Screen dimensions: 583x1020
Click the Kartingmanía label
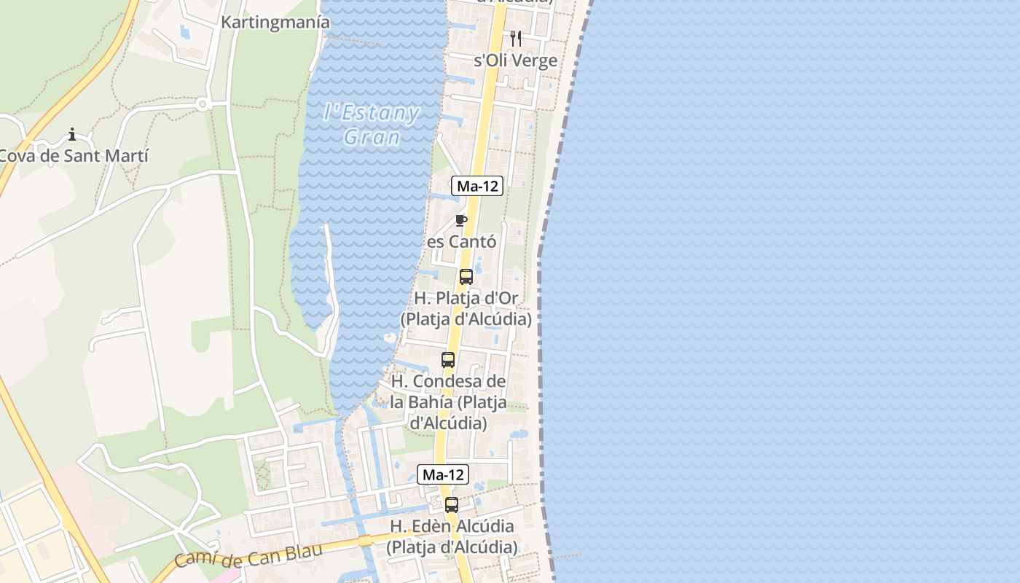click(x=275, y=23)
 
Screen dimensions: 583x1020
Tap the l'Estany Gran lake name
click(x=372, y=125)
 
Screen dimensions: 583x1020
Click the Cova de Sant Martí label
click(x=73, y=155)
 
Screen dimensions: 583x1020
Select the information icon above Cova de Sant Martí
click(x=72, y=134)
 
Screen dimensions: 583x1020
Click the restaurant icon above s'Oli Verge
click(x=515, y=38)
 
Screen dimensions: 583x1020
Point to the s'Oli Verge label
click(x=515, y=60)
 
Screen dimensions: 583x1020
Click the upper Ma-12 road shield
click(x=477, y=186)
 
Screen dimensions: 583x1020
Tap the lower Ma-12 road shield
click(x=443, y=474)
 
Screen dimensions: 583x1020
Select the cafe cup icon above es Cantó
click(x=460, y=220)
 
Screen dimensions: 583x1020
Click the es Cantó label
click(x=461, y=241)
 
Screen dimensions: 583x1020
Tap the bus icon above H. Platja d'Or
click(x=466, y=277)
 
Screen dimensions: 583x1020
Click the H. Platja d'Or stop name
click(x=466, y=308)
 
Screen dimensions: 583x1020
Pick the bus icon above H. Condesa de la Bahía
click(x=447, y=360)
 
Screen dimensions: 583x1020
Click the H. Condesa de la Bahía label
click(x=448, y=402)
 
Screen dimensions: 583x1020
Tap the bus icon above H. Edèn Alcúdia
click(x=452, y=505)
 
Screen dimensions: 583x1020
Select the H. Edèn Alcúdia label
click(x=452, y=536)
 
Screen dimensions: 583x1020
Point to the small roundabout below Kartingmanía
click(x=202, y=105)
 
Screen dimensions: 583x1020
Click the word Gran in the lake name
click(x=372, y=137)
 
